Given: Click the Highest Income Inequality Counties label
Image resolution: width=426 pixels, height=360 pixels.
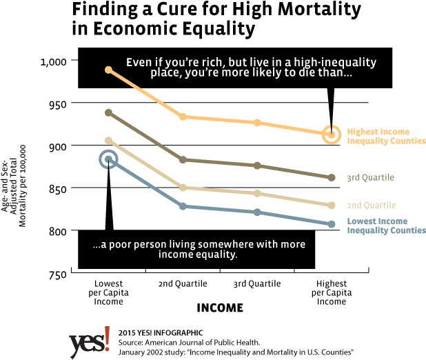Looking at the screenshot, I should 386,136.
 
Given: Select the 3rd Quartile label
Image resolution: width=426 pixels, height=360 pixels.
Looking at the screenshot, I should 370,178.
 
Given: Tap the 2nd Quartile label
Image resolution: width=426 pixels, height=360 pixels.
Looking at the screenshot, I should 371,206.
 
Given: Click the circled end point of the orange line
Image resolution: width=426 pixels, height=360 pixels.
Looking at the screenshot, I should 332,134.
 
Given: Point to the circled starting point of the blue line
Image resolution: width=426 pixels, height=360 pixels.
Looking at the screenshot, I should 108,160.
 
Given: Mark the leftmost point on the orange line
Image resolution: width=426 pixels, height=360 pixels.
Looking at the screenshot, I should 108,70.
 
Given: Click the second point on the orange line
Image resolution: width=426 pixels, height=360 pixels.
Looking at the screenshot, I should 183,117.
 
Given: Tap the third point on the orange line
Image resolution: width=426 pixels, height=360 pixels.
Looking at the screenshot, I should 257,122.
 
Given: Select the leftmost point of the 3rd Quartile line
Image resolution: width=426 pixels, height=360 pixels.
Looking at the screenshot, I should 108,112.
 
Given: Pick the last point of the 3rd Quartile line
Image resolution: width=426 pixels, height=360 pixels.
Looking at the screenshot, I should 332,177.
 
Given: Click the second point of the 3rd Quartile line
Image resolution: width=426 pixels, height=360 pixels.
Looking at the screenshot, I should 183,159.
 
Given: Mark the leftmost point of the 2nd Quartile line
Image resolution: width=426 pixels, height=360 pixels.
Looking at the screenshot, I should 108,140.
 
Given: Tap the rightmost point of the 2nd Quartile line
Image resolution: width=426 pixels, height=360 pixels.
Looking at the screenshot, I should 332,205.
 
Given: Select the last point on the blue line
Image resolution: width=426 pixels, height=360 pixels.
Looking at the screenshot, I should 332,223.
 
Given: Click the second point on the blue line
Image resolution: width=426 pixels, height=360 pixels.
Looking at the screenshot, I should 183,206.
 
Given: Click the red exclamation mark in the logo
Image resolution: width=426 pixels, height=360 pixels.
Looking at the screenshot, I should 107,339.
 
